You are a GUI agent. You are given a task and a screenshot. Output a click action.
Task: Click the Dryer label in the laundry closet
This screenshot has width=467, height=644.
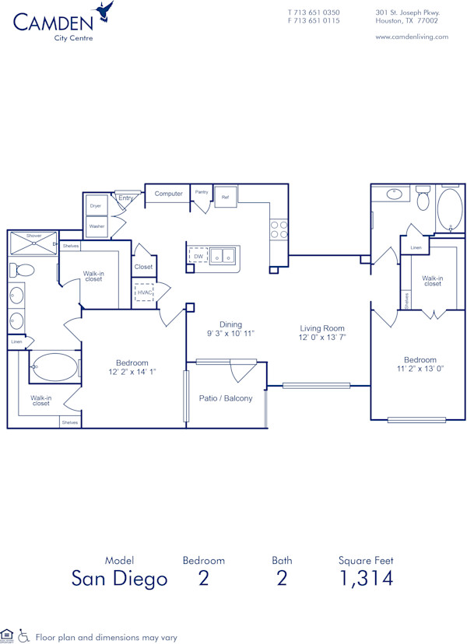click(x=96, y=206)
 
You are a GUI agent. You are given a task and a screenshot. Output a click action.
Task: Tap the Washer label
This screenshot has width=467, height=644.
click(x=97, y=226)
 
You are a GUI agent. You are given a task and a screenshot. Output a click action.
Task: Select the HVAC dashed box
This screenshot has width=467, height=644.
click(x=144, y=292)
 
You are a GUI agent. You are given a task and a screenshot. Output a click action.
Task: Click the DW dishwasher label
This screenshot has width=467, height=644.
click(x=198, y=256)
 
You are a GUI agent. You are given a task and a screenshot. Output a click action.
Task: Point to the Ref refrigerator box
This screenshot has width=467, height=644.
click(x=225, y=197)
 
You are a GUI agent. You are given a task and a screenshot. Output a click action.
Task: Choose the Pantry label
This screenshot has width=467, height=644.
click(x=202, y=191)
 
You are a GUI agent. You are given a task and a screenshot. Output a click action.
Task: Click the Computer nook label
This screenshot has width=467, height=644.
click(x=168, y=194)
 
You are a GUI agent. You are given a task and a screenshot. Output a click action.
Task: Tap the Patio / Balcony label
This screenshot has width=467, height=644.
click(x=226, y=398)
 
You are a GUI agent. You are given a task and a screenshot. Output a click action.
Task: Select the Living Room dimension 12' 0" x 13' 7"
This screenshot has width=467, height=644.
click(x=322, y=338)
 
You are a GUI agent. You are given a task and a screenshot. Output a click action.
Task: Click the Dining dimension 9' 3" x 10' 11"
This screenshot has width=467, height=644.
click(x=230, y=333)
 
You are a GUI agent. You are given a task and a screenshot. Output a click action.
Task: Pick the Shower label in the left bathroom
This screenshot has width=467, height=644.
click(x=34, y=236)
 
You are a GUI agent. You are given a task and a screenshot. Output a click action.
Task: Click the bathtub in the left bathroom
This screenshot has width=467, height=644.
click(x=54, y=366)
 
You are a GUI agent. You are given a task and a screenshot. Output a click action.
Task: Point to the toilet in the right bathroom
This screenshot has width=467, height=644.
click(x=423, y=199)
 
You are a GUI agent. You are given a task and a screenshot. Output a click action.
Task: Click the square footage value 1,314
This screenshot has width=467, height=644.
click(x=365, y=578)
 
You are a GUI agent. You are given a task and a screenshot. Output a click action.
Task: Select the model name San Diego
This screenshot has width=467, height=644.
click(x=119, y=578)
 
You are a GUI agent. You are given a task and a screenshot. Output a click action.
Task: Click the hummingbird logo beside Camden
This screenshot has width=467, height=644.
click(x=103, y=12)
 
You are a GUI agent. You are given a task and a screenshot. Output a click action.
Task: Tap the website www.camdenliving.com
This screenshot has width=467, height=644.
click(x=412, y=37)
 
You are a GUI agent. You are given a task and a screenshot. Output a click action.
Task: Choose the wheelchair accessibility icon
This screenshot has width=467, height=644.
click(x=24, y=636)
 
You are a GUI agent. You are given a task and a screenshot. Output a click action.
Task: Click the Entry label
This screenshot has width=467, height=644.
click(x=125, y=198)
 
